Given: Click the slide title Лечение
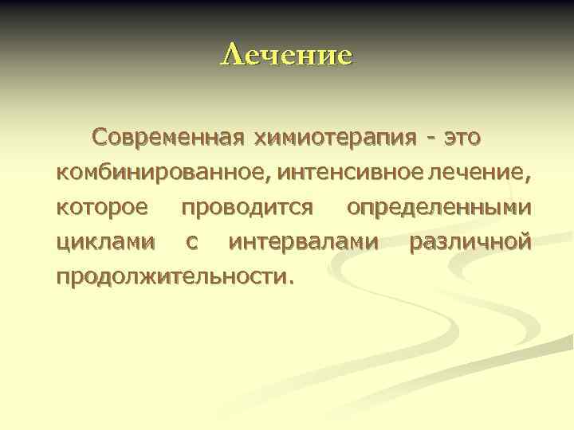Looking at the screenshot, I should tap(286, 55).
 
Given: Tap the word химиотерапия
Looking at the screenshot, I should tap(334, 138).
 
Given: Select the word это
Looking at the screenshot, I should tap(462, 138).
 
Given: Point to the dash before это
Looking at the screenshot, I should tap(430, 139).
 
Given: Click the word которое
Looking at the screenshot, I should tap(101, 208).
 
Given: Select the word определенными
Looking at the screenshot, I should tap(438, 208).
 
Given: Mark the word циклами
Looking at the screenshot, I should tap(104, 242).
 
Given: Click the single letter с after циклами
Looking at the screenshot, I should tap(191, 243).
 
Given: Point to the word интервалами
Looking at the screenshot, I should tap(303, 242).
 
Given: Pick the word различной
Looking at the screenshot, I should tap(469, 242).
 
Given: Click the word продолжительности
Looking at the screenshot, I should tap(171, 277).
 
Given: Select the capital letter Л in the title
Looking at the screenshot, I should tap(230, 55).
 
